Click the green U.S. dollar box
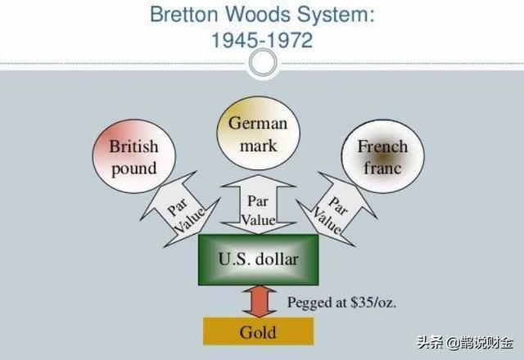258,260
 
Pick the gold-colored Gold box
258,331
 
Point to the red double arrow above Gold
258,302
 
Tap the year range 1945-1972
258,39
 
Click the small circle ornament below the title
262,65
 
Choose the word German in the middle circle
257,124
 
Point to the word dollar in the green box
278,260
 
